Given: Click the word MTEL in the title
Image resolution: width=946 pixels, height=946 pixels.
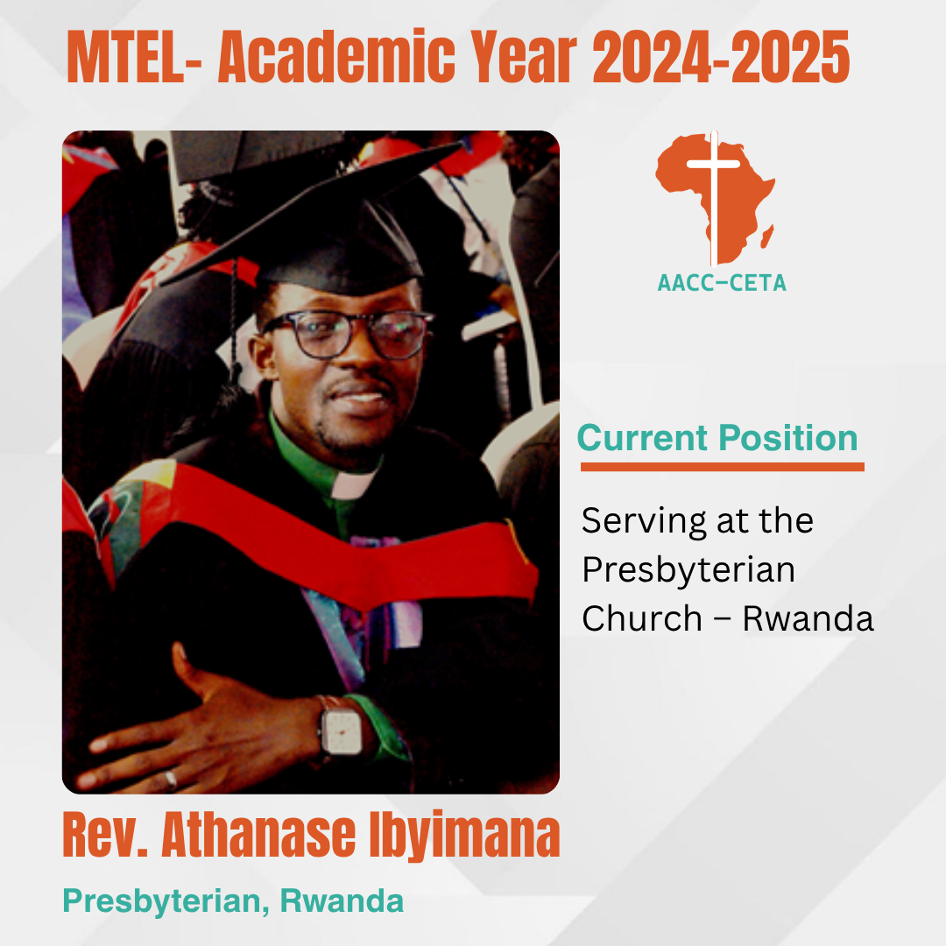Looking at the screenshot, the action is point(125,56).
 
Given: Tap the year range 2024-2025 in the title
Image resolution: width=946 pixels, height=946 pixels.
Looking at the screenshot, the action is point(721,56).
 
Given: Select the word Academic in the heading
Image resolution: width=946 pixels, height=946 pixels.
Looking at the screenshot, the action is point(336,56).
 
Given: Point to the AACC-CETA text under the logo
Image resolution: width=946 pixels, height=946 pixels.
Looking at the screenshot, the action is point(722,283).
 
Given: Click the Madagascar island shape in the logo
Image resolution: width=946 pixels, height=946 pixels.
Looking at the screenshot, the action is point(766,236).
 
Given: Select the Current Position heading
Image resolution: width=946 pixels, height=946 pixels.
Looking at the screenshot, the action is point(717,437).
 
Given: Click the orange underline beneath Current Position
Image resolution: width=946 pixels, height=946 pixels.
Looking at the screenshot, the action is point(722,467).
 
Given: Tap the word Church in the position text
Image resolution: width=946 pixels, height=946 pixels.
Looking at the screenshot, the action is point(642,618).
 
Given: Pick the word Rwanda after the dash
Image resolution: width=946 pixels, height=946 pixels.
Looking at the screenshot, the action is point(808,618).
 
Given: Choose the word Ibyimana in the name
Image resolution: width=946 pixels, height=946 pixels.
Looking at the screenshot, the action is point(464,836).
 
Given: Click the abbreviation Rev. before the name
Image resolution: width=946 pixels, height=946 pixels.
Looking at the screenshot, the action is point(105,836).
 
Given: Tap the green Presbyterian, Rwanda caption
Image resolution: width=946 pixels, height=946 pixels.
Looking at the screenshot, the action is point(234,901).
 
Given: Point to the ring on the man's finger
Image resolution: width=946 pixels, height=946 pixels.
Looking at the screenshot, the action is point(171,780).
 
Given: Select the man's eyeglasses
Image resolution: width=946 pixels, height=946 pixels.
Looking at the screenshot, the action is point(348,334).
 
